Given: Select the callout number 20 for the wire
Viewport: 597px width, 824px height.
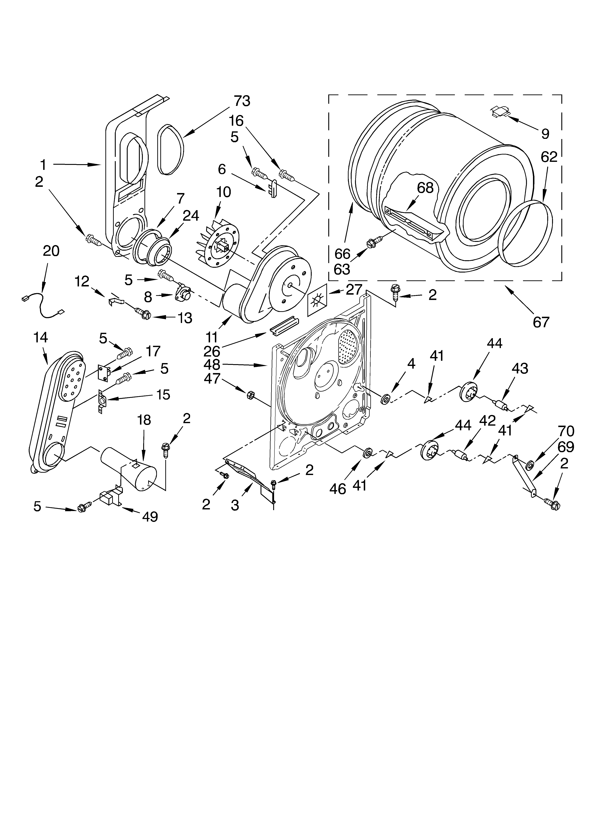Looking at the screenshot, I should (x=51, y=251).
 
